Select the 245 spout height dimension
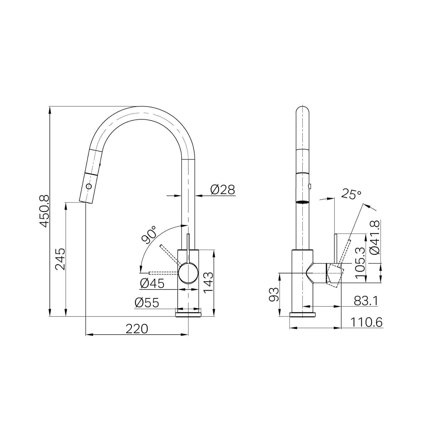(60, 259)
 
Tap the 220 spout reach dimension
(137, 329)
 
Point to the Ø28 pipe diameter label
(222, 190)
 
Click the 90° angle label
(149, 234)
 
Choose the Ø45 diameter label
(152, 283)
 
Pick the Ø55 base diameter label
(147, 303)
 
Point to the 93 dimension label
(273, 294)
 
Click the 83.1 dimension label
(366, 301)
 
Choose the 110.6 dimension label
(366, 322)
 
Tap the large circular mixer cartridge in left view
(188, 273)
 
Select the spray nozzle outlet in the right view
(303, 202)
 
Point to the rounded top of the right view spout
(303, 109)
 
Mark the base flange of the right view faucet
(303, 315)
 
